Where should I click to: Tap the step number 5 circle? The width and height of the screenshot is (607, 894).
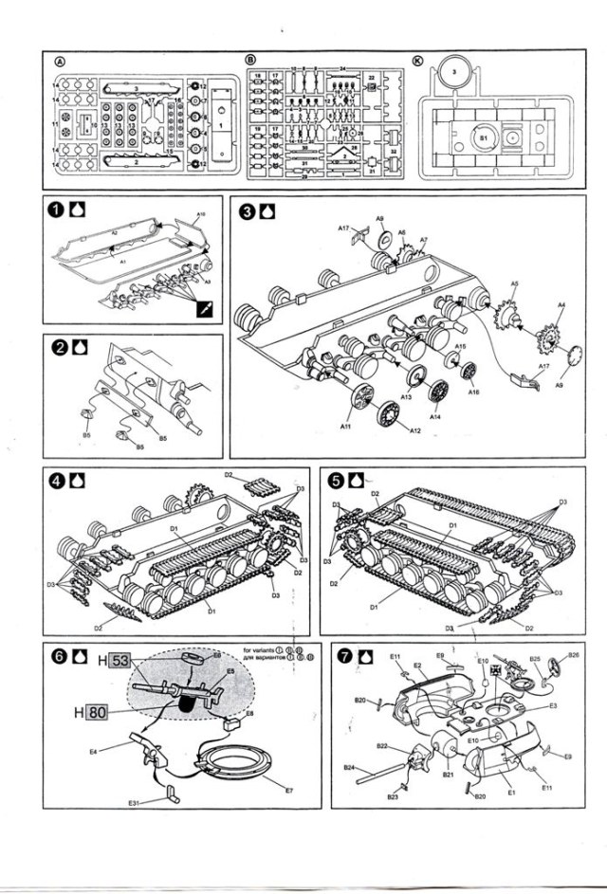[x=335, y=481]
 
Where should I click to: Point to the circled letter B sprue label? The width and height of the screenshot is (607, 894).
[x=249, y=60]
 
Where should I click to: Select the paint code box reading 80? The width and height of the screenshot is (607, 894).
[x=94, y=712]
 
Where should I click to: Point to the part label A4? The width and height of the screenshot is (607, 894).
[x=561, y=304]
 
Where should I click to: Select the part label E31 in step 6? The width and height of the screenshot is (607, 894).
[x=136, y=805]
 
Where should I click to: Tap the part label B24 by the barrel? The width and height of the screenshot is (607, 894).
[x=348, y=766]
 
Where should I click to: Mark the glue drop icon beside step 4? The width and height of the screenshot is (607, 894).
[x=79, y=481]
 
